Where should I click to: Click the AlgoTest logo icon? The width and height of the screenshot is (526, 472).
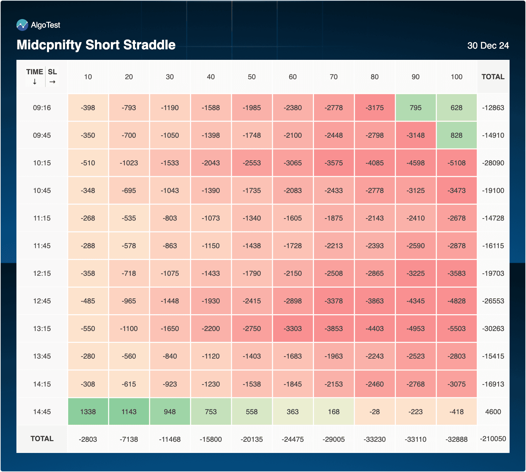pyautogui.click(x=22, y=25)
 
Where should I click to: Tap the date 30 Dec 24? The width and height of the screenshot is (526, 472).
pyautogui.click(x=488, y=46)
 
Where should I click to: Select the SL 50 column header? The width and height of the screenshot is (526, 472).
pyautogui.click(x=251, y=77)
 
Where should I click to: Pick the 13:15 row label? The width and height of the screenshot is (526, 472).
pyautogui.click(x=42, y=329)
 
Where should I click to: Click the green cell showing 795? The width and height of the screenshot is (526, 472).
pyautogui.click(x=416, y=108)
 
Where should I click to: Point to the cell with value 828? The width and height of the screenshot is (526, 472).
pyautogui.click(x=456, y=135)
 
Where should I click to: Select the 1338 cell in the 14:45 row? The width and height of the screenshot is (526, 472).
pyautogui.click(x=88, y=412)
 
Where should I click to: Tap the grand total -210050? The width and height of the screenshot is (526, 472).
pyautogui.click(x=493, y=439)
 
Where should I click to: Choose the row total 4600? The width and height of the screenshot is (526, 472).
pyautogui.click(x=493, y=412)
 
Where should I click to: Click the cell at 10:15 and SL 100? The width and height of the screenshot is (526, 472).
pyautogui.click(x=456, y=163)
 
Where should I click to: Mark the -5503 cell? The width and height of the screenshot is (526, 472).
pyautogui.click(x=456, y=329)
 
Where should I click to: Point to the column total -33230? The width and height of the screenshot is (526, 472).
pyautogui.click(x=374, y=439)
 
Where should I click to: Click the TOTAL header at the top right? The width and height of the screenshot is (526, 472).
pyautogui.click(x=493, y=77)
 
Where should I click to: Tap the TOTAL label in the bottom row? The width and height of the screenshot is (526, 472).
pyautogui.click(x=42, y=439)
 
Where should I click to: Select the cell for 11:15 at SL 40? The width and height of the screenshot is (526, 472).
pyautogui.click(x=211, y=218)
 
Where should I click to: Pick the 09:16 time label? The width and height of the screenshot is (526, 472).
pyautogui.click(x=42, y=108)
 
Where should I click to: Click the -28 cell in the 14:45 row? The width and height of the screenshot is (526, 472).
pyautogui.click(x=374, y=412)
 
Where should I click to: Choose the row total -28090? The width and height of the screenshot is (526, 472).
pyautogui.click(x=493, y=163)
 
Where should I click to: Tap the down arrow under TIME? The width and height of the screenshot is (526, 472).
pyautogui.click(x=35, y=82)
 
